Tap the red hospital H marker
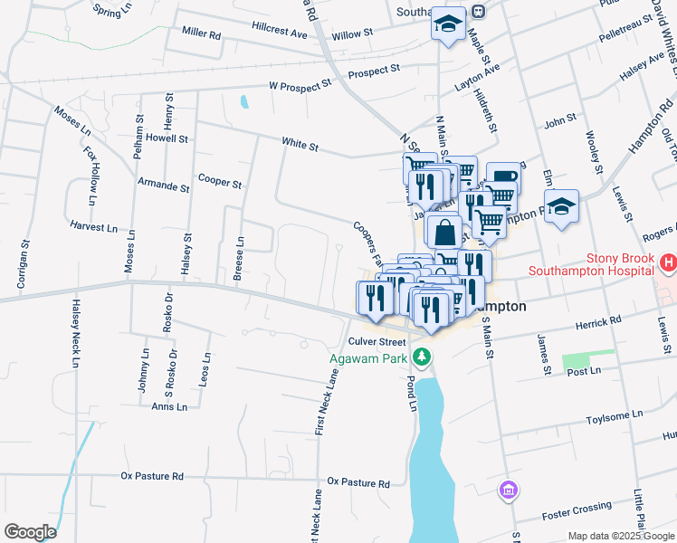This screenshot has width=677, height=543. click(668, 263)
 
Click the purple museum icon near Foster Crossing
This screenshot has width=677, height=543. click(509, 491)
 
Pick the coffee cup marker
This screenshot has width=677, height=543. click(503, 176)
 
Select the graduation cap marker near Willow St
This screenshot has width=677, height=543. click(448, 24)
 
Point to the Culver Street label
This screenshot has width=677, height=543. click(377, 341)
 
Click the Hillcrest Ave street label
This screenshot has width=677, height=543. click(280, 30)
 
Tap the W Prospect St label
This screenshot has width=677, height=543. click(300, 87)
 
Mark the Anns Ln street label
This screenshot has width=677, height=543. click(169, 406)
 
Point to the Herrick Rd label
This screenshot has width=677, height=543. click(596, 320)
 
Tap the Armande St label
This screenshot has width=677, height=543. click(163, 187)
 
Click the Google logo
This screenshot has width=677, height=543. click(30, 531)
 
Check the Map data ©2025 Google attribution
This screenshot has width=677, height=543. click(620, 536)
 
